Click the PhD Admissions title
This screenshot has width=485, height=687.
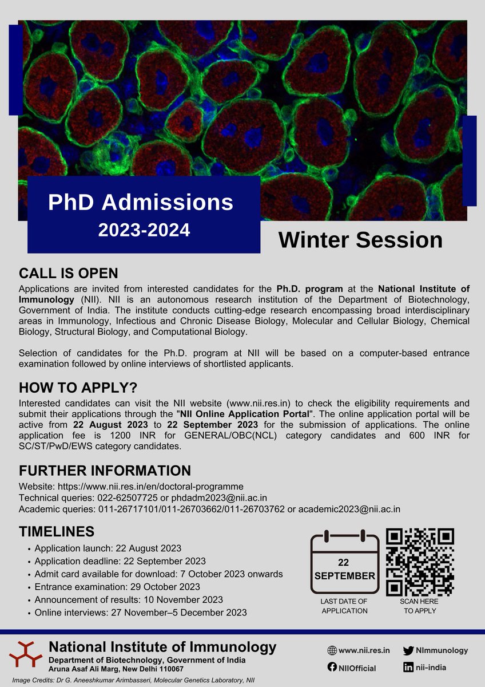pyautogui.click(x=141, y=202)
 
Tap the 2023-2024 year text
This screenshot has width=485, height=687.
pyautogui.click(x=144, y=230)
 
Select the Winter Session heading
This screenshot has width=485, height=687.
pyautogui.click(x=360, y=240)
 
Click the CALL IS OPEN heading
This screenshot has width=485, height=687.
pyautogui.click(x=68, y=272)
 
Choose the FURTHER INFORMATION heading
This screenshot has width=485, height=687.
pyautogui.click(x=105, y=471)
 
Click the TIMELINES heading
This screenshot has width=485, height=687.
pyautogui.click(x=57, y=531)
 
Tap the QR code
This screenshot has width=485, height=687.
pyautogui.click(x=420, y=562)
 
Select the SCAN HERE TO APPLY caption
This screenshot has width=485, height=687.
pyautogui.click(x=420, y=606)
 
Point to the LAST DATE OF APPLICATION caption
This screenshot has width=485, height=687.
pyautogui.click(x=344, y=606)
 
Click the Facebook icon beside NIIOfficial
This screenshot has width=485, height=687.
pyautogui.click(x=332, y=668)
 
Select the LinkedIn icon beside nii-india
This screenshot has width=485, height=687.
pyautogui.click(x=408, y=668)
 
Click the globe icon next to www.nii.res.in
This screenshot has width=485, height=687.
pyautogui.click(x=332, y=650)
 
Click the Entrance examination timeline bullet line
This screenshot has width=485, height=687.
pyautogui.click(x=117, y=587)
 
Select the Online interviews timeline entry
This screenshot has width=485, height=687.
pyautogui.click(x=141, y=613)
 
